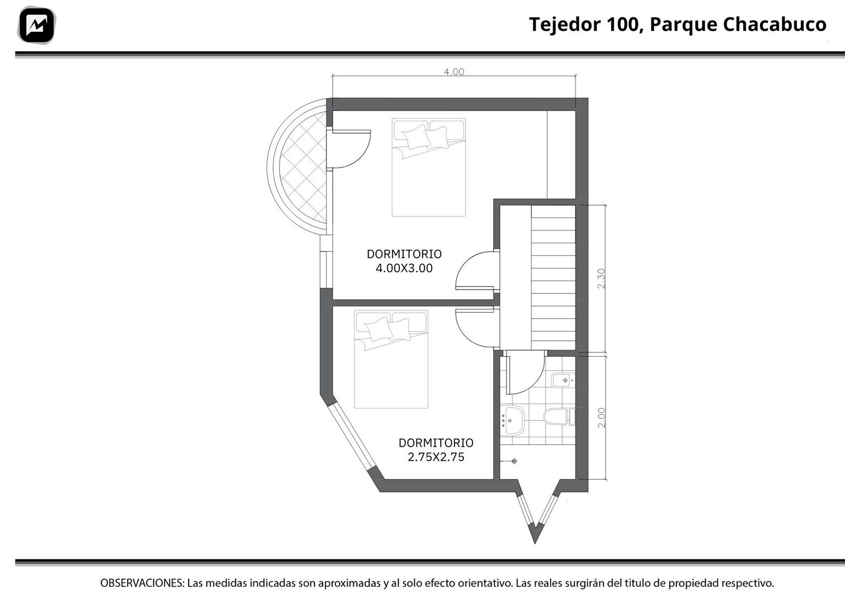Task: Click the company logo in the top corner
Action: tap(36, 25)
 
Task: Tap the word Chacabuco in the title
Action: tap(774, 24)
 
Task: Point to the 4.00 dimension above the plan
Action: tap(454, 72)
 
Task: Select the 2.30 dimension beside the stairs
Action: tap(601, 278)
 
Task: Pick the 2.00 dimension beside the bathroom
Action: tap(602, 417)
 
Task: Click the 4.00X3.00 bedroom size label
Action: tap(404, 268)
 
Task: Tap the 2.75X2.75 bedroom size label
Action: tap(436, 457)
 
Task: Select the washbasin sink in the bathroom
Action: tap(512, 420)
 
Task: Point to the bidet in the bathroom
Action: tap(563, 380)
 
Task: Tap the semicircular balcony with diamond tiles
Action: tap(297, 166)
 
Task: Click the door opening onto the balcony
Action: tap(349, 149)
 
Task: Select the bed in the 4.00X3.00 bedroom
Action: tap(429, 168)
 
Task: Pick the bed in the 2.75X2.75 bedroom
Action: tap(391, 359)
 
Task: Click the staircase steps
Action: tap(553, 277)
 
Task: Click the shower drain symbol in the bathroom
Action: tap(514, 461)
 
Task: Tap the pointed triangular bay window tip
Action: tap(534, 543)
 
